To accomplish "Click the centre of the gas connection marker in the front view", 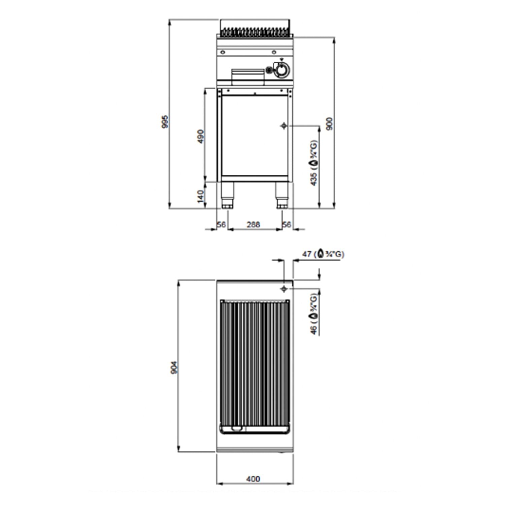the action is pos(284,126).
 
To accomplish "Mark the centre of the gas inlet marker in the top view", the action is pos(284,289).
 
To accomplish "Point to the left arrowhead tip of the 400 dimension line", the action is pos(216,484).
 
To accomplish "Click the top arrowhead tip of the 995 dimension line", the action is pos(170,20).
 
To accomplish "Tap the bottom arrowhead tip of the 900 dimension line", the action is pos(334,209).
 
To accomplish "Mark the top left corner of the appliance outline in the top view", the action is pos(216,280).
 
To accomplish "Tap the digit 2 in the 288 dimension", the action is pos(249,224).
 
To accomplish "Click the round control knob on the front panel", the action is pos(281,70).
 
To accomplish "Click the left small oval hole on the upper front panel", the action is pos(223,52).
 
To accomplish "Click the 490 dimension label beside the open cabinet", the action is pos(201,136).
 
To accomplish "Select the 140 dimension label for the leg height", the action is pos(201,196).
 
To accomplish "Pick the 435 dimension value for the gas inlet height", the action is pos(314,179).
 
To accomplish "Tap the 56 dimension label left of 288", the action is pos(221,224).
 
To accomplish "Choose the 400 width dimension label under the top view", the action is pos(253,478).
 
